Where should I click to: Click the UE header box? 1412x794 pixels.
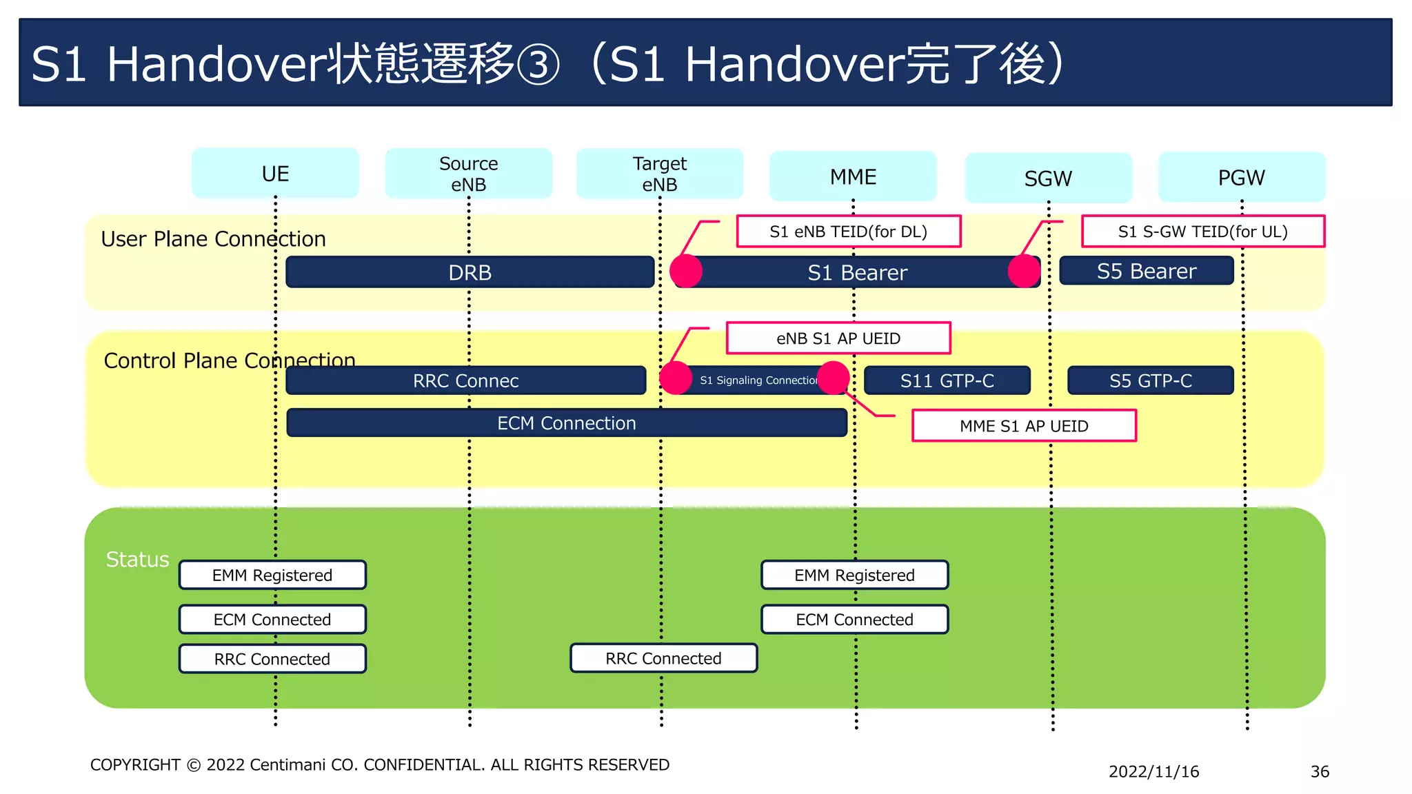point(275,174)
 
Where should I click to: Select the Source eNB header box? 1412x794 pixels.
point(468,174)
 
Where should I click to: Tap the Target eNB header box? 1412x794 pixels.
point(659,174)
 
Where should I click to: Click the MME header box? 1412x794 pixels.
point(853,176)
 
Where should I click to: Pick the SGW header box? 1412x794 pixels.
point(1048,179)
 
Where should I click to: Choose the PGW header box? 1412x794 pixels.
point(1241,177)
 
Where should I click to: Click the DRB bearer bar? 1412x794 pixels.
point(470,272)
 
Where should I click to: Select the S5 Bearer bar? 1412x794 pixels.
point(1146,271)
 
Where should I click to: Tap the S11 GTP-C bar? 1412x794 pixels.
point(947,380)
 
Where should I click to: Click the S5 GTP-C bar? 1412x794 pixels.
point(1150,380)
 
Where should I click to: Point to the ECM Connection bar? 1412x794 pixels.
point(566,423)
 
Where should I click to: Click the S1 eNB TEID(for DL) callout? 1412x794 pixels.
point(848,232)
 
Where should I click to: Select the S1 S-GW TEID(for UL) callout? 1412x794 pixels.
point(1202,232)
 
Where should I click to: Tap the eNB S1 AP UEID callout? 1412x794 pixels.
point(838,338)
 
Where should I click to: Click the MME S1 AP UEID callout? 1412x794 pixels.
point(1024,426)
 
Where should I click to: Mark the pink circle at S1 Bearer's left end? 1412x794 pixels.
point(686,271)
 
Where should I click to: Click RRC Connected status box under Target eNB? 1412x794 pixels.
point(663,658)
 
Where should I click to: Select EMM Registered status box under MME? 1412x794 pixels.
point(854,575)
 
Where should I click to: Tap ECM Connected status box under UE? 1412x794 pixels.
point(272,619)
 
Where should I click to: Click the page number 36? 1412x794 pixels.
point(1319,771)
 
